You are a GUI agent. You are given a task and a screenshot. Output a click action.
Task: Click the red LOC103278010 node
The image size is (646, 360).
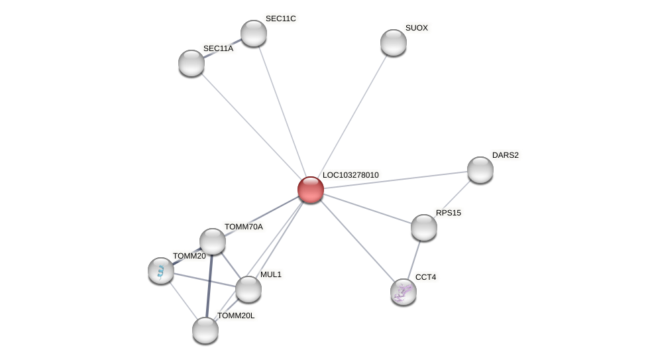coord(311,190)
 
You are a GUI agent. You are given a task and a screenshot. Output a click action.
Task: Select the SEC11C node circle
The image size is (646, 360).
coord(254,33)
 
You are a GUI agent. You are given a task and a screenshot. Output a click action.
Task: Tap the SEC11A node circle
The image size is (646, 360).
coord(191,63)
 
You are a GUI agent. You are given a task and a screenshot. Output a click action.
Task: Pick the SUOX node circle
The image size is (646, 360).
coord(394,42)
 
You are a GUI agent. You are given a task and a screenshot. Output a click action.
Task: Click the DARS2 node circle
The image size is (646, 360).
coord(480,170)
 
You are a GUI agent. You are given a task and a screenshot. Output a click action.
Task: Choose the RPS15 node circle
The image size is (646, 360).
coord(424,227)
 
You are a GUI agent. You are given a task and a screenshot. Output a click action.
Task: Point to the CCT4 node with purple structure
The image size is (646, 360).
coord(404,292)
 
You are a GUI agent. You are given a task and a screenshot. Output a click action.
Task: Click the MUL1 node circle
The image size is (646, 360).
coord(248,289)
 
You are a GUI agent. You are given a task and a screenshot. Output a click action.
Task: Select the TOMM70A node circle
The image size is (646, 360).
coord(213,241)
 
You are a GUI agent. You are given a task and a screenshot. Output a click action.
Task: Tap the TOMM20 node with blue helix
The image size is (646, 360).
coord(161,270)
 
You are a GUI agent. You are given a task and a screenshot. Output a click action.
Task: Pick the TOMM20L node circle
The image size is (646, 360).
coord(205,330)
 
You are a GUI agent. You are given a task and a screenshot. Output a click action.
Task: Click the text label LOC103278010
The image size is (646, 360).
coord(350,175)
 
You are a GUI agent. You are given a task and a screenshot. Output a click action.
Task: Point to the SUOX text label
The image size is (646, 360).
coord(417,28)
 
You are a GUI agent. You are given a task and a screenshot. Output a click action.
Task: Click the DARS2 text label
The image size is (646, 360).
coord(505,155)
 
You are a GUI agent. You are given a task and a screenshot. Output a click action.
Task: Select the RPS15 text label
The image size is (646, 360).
coord(448,213)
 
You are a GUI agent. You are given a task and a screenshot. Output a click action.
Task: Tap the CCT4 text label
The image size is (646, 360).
coord(425,277)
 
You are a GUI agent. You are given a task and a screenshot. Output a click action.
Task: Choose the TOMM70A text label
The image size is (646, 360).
coord(243,227)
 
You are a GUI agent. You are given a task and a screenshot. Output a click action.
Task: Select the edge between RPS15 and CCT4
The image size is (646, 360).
coord(414,259)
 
